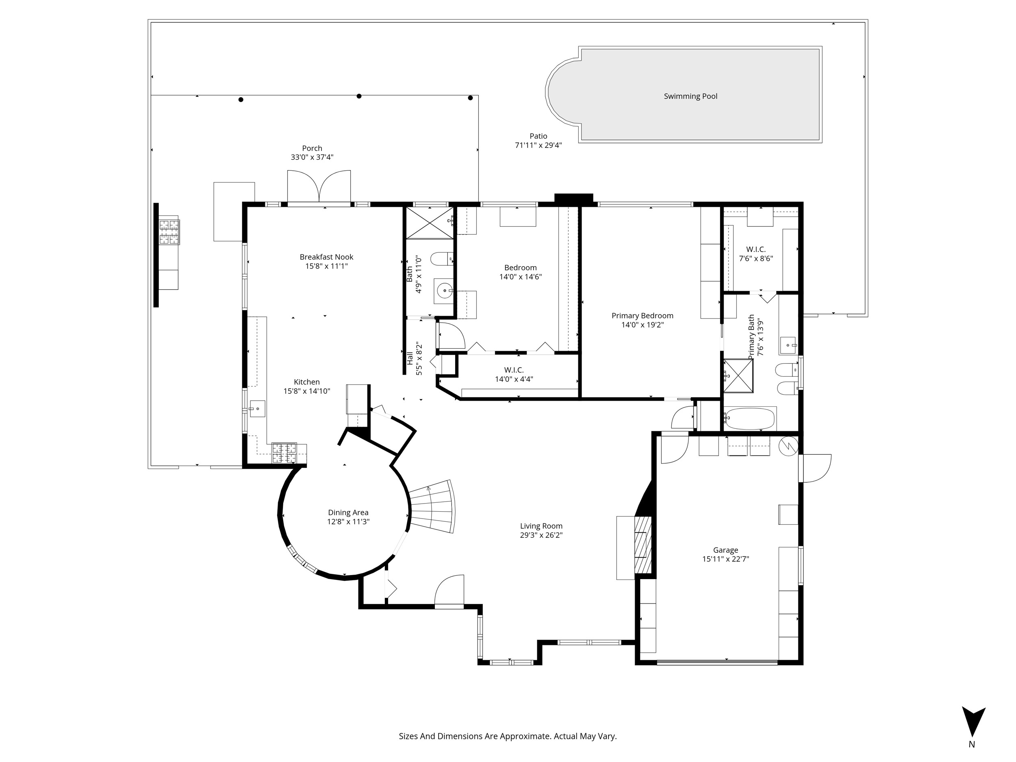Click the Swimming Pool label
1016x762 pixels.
(x=690, y=96)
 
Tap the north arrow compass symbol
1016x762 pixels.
(x=973, y=723)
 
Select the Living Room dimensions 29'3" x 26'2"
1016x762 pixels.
(x=541, y=535)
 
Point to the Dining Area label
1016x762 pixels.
(x=348, y=512)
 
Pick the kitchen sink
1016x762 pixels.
(x=257, y=408)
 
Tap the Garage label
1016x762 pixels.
(x=726, y=550)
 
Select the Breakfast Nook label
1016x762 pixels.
(x=327, y=257)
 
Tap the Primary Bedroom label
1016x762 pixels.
(x=642, y=315)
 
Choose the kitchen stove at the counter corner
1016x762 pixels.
(x=284, y=453)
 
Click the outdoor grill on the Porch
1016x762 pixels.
(x=169, y=232)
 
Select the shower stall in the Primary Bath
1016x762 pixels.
(x=738, y=376)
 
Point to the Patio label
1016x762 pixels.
(x=538, y=136)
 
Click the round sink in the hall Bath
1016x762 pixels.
(x=444, y=291)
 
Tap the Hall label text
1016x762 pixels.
(x=410, y=358)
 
